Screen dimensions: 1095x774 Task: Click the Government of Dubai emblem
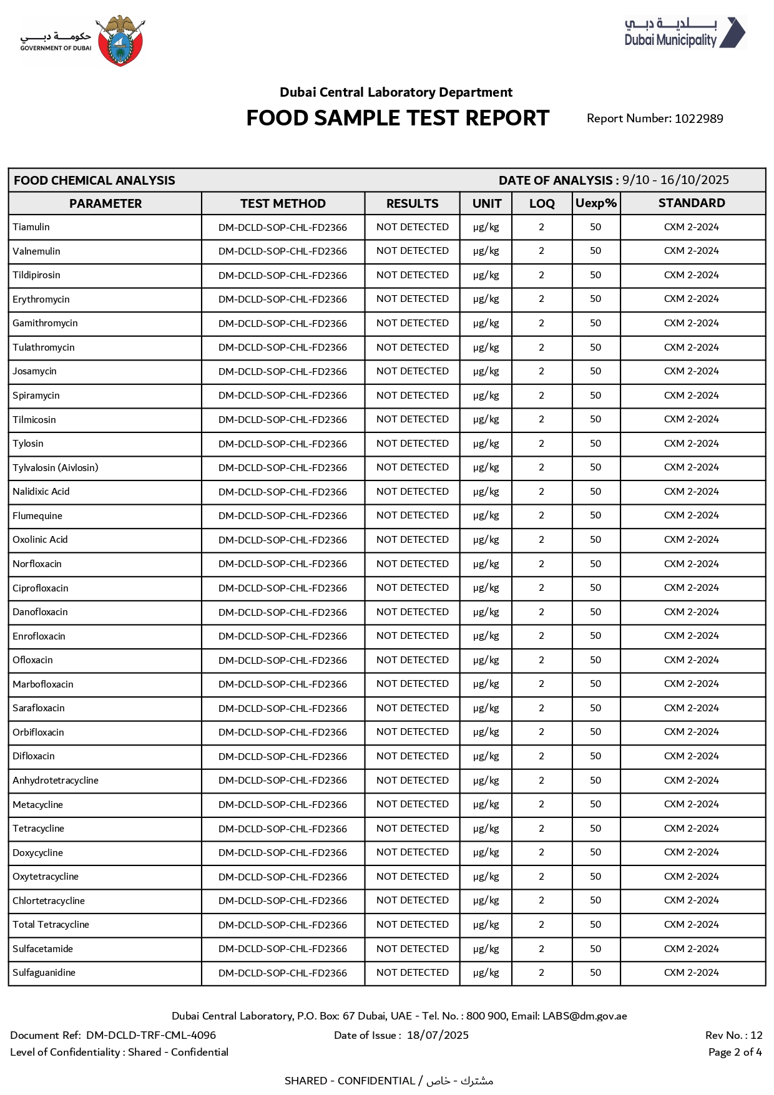tap(122, 41)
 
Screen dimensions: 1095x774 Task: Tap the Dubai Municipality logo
tap(685, 32)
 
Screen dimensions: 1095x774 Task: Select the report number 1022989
tap(698, 119)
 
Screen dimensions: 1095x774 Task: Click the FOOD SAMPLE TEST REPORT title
tap(398, 119)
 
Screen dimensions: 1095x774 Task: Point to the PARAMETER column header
tap(105, 203)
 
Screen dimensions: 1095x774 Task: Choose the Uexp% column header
tap(596, 203)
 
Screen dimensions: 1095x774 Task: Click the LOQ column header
tap(542, 203)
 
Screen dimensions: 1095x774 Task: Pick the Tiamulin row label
tap(31, 227)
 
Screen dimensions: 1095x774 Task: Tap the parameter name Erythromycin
tap(41, 299)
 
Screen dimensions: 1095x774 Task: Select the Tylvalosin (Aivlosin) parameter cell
tap(56, 467)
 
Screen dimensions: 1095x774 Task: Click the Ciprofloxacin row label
tap(41, 588)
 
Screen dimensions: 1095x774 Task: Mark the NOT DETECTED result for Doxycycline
tap(413, 852)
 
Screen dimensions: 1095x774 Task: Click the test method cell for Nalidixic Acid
tap(283, 492)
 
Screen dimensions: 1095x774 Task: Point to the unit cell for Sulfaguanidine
tap(486, 973)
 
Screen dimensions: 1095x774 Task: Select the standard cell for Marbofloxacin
tap(692, 684)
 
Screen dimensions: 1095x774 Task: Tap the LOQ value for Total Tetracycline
tap(542, 925)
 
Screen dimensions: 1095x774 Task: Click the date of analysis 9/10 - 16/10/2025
tap(675, 180)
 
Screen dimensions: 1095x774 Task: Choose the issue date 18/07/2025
tap(438, 1036)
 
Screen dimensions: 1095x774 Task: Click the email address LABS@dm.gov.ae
tap(584, 1016)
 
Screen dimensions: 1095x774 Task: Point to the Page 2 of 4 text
tap(735, 1053)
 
